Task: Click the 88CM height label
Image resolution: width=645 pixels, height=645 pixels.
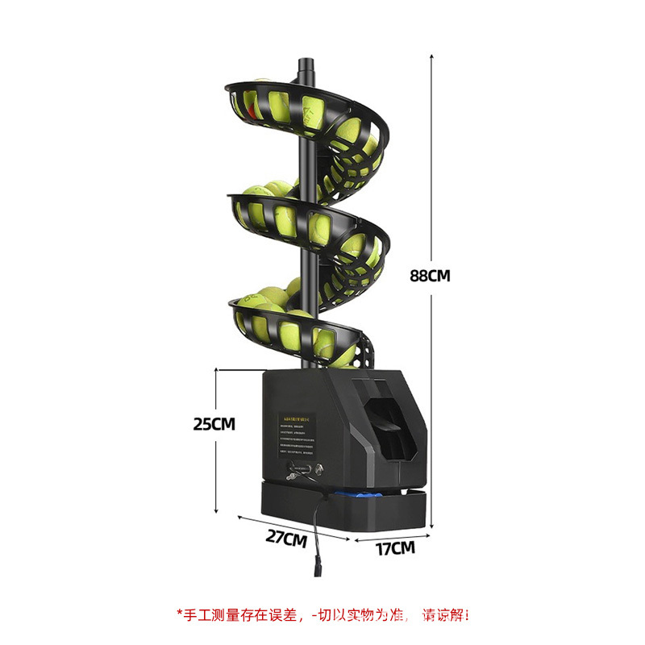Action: point(429,275)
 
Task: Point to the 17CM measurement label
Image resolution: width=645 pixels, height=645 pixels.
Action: point(395,548)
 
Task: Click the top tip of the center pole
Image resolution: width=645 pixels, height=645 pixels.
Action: point(304,61)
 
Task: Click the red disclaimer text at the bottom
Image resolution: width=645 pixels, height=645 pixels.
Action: point(322,614)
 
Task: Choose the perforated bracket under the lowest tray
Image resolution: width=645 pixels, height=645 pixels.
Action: point(368,352)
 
